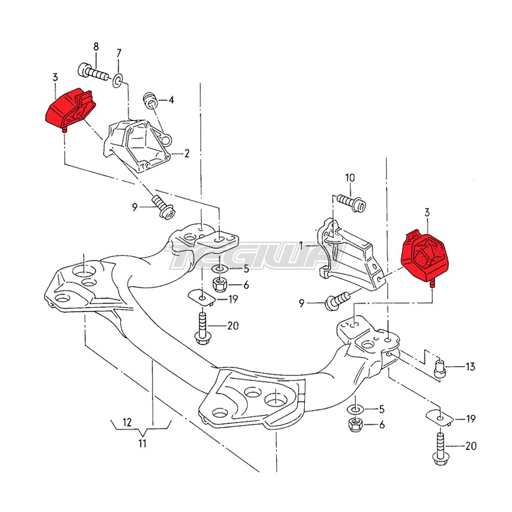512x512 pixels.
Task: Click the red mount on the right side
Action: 425,256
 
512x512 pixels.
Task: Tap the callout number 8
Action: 96,47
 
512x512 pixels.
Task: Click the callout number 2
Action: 187,153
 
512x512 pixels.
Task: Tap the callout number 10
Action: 350,178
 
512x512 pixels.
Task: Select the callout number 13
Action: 470,367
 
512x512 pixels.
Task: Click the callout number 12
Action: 127,422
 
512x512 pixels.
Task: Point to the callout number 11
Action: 142,444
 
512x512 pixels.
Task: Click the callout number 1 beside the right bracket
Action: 301,245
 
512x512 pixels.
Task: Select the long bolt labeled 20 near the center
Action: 202,328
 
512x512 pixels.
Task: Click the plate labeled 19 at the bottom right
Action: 439,418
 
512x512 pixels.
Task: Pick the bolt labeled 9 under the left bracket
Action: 164,207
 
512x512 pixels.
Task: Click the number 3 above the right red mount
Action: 427,213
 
